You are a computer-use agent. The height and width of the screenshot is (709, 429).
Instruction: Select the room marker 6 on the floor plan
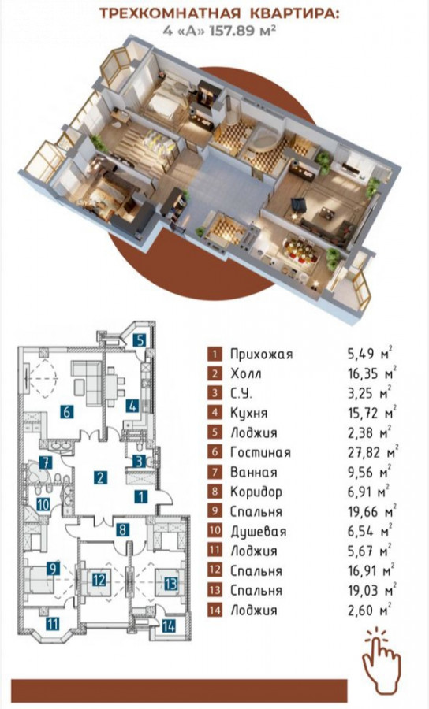pyautogui.click(x=66, y=412)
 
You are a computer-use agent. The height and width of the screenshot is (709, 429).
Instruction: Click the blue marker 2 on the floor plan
pyautogui.click(x=100, y=477)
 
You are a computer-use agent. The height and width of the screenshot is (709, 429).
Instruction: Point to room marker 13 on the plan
pyautogui.click(x=170, y=584)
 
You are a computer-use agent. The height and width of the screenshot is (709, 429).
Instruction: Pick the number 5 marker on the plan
pyautogui.click(x=140, y=340)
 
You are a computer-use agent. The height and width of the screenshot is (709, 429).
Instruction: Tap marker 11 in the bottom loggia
pyautogui.click(x=53, y=625)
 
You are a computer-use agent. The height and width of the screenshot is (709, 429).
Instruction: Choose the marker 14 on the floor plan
pyautogui.click(x=169, y=627)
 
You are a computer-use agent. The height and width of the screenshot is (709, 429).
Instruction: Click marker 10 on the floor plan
pyautogui.click(x=43, y=505)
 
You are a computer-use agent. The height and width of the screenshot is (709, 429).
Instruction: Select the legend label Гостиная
pyautogui.click(x=259, y=453)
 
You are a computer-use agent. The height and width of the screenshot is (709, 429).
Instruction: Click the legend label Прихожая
pyautogui.click(x=261, y=354)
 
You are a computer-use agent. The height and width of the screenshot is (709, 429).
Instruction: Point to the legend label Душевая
pyautogui.click(x=258, y=532)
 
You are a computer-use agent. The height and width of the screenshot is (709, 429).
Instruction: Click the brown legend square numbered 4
pyautogui.click(x=215, y=413)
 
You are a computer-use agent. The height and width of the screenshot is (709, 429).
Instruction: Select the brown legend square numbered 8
pyautogui.click(x=215, y=492)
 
